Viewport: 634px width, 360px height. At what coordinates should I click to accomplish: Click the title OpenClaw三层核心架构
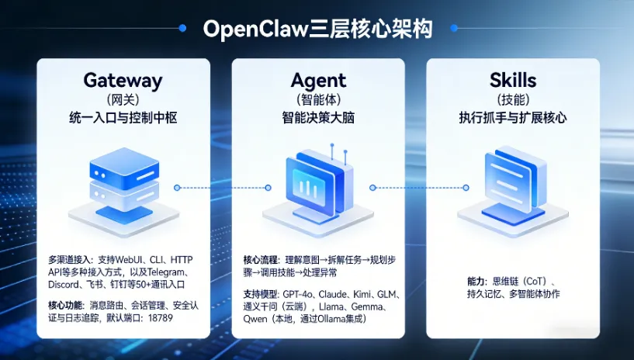tap(317, 29)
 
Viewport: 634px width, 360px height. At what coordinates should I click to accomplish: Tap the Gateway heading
tap(123, 81)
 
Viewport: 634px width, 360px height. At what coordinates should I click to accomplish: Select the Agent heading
tap(318, 81)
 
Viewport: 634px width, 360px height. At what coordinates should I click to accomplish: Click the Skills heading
tap(513, 81)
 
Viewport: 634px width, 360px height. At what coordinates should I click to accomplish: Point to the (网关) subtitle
tap(123, 100)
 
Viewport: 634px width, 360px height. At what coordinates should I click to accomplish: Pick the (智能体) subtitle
tap(318, 100)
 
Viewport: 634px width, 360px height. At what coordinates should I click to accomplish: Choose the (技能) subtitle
tap(513, 100)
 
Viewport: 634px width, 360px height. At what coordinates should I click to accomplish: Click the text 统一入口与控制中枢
tap(123, 118)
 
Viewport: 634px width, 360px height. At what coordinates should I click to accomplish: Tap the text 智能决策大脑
tap(318, 118)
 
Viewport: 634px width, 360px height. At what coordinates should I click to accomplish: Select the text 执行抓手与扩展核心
tap(513, 118)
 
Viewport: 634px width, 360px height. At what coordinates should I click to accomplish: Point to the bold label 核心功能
tap(68, 305)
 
